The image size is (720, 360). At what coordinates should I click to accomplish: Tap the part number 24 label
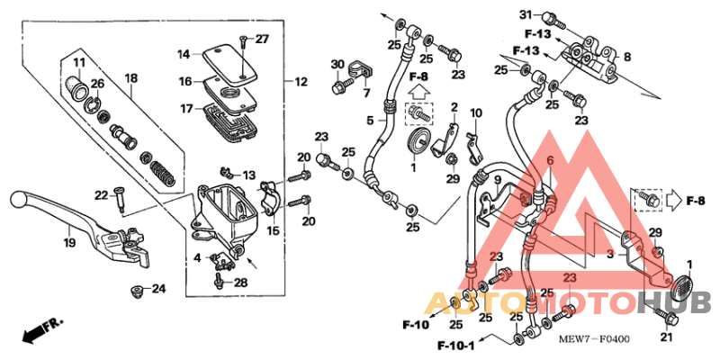(x=158, y=289)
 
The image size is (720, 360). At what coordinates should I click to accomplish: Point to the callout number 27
(x=262, y=39)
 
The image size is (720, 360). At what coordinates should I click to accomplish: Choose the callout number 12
(x=301, y=82)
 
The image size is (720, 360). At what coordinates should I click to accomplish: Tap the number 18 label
(x=130, y=78)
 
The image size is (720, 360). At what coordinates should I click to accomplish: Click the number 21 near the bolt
(x=666, y=337)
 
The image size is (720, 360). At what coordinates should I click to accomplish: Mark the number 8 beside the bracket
(x=627, y=56)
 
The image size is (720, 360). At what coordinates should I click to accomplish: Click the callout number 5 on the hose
(x=370, y=120)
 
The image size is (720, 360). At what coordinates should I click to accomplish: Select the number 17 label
(x=184, y=109)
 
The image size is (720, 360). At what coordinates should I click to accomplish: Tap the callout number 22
(x=102, y=194)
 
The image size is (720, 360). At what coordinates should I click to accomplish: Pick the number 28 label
(x=240, y=283)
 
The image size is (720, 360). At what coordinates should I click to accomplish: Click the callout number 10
(x=476, y=113)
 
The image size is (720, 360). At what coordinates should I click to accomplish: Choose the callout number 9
(x=496, y=180)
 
